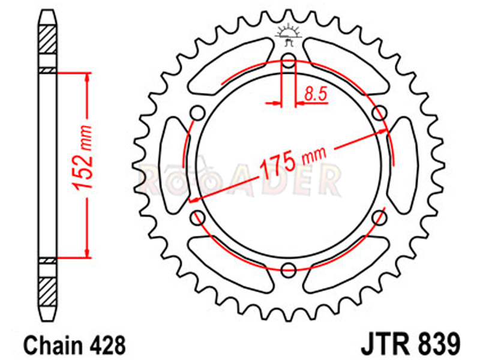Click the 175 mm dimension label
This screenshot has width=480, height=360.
(x=293, y=161)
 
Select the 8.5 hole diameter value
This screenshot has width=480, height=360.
(x=316, y=94)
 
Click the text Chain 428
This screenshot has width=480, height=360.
(x=74, y=346)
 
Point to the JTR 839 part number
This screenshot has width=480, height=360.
(x=410, y=344)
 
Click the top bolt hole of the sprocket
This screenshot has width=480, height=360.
(x=289, y=61)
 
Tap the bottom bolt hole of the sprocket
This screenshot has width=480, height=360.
(x=289, y=269)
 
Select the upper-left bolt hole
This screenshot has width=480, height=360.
(x=197, y=113)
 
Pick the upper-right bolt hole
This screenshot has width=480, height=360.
(x=380, y=113)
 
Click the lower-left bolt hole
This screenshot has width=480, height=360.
(x=197, y=218)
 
